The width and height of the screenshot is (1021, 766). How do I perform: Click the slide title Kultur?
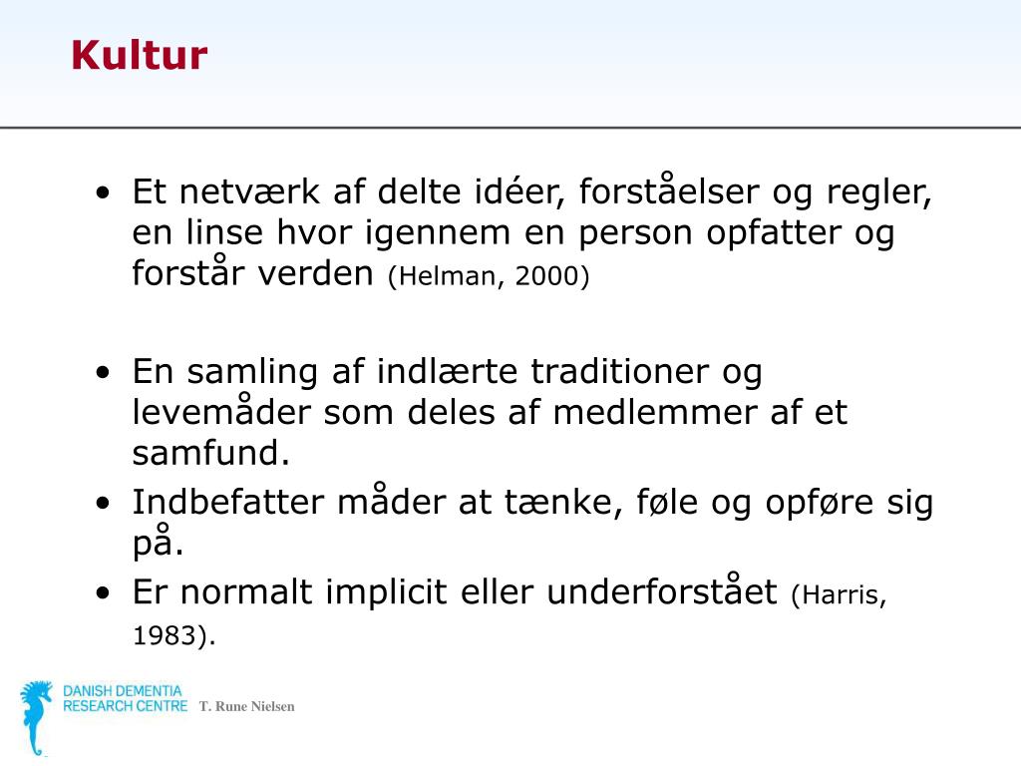139,56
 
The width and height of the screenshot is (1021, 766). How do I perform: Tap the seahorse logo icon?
37,717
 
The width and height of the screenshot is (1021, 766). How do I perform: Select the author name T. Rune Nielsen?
246,707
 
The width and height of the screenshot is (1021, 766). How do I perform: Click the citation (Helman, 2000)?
489,277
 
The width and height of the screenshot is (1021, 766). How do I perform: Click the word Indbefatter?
228,502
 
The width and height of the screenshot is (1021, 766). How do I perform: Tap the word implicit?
385,592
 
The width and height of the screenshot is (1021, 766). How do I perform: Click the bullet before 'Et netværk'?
105,192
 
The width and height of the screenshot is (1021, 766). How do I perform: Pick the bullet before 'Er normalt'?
105,593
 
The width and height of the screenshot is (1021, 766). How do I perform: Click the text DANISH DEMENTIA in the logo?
123,691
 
